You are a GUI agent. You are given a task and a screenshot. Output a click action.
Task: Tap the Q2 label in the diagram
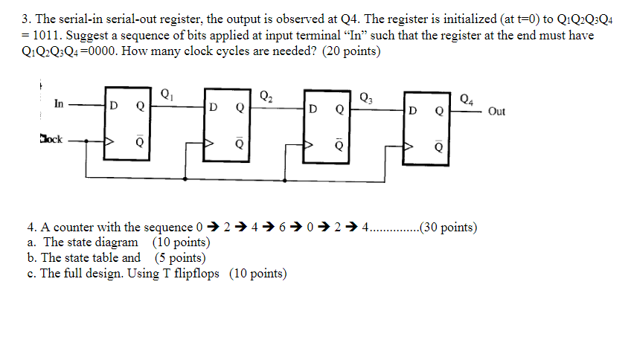(x=266, y=94)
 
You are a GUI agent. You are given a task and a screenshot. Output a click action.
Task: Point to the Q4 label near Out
(x=466, y=97)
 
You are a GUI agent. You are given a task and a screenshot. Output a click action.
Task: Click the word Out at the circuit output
(x=496, y=112)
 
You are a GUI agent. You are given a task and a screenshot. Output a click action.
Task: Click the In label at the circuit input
(x=59, y=105)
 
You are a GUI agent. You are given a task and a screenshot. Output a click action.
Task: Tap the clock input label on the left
(x=51, y=138)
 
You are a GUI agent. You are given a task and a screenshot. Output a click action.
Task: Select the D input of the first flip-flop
(x=113, y=106)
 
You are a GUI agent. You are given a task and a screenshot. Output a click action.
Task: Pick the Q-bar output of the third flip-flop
(x=339, y=144)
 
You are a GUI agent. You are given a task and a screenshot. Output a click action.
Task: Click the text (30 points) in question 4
(x=449, y=227)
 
